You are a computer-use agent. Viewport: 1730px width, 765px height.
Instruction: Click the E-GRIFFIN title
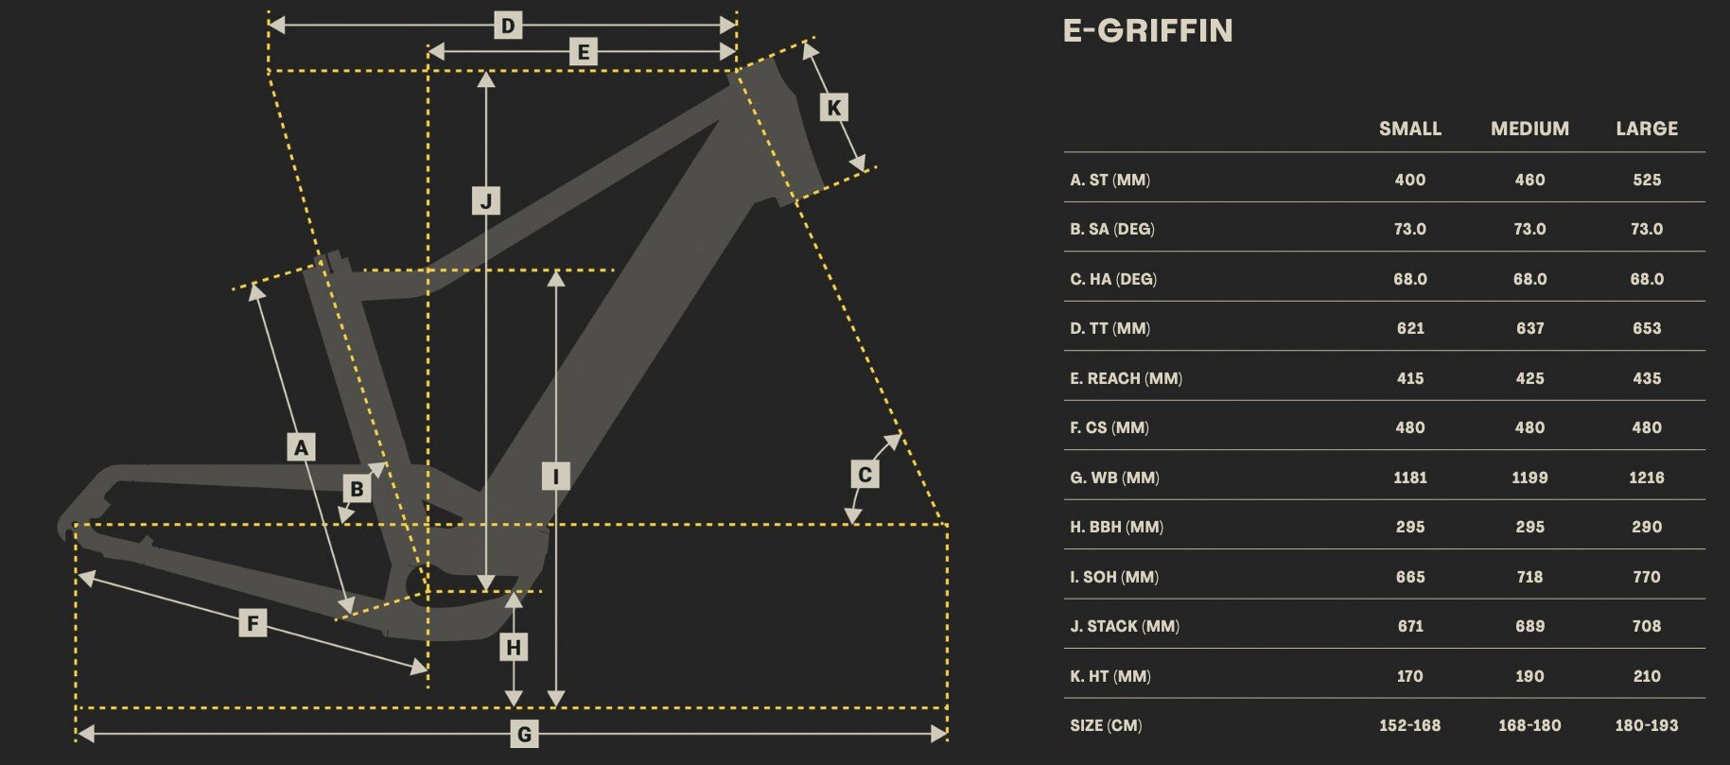click(x=1147, y=31)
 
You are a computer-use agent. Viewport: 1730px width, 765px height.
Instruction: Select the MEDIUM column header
click(x=1529, y=129)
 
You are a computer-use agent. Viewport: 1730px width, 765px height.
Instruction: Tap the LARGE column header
click(x=1647, y=129)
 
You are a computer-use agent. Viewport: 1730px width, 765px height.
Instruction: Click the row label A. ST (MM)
click(x=1110, y=180)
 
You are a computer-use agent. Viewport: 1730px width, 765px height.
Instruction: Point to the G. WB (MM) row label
click(x=1114, y=478)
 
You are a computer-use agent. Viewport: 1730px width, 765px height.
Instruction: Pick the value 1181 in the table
click(x=1409, y=478)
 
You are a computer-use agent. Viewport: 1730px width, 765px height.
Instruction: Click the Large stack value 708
click(x=1647, y=626)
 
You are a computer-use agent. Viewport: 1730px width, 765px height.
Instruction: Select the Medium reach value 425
click(x=1529, y=378)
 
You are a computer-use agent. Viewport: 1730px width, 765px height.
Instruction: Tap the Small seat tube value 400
click(x=1409, y=180)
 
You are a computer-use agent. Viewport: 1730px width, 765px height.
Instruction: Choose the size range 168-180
click(x=1529, y=725)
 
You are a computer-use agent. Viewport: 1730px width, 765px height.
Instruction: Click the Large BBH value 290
click(x=1647, y=527)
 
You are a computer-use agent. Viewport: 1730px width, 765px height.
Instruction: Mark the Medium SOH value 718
click(x=1529, y=577)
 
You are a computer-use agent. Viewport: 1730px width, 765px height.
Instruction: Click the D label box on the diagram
click(x=508, y=26)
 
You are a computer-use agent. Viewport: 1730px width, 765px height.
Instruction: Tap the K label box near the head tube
click(x=833, y=107)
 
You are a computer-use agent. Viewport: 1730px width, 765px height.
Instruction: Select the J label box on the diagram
click(x=486, y=200)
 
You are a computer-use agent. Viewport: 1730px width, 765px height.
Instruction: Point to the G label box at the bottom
click(x=524, y=734)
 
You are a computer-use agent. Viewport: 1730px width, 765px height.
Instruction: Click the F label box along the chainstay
click(x=253, y=623)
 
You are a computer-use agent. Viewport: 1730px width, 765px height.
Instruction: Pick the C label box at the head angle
click(x=865, y=474)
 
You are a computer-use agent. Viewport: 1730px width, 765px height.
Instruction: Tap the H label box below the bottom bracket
click(x=514, y=648)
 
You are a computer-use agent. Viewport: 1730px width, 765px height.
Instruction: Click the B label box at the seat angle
click(x=358, y=489)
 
